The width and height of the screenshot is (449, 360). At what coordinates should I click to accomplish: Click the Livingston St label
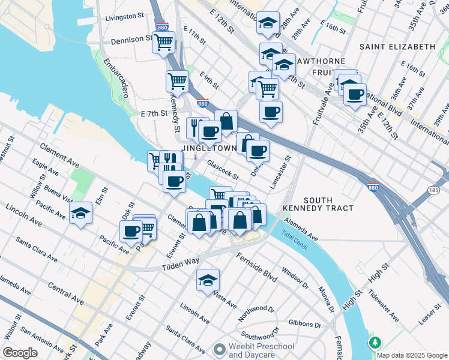[125, 18]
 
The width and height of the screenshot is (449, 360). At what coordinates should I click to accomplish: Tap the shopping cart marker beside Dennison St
[163, 43]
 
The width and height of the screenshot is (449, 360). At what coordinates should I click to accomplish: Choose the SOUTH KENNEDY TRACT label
[328, 204]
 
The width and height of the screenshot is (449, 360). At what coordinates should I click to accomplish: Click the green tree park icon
[376, 343]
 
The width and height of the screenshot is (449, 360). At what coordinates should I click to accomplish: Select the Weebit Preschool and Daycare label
[254, 351]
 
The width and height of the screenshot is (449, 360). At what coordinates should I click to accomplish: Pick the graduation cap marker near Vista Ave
[208, 280]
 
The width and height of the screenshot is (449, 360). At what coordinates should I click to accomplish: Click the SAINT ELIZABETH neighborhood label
[397, 46]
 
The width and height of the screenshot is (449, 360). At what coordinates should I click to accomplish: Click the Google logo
[20, 353]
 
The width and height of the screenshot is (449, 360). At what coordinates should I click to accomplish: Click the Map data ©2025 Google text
[412, 355]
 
